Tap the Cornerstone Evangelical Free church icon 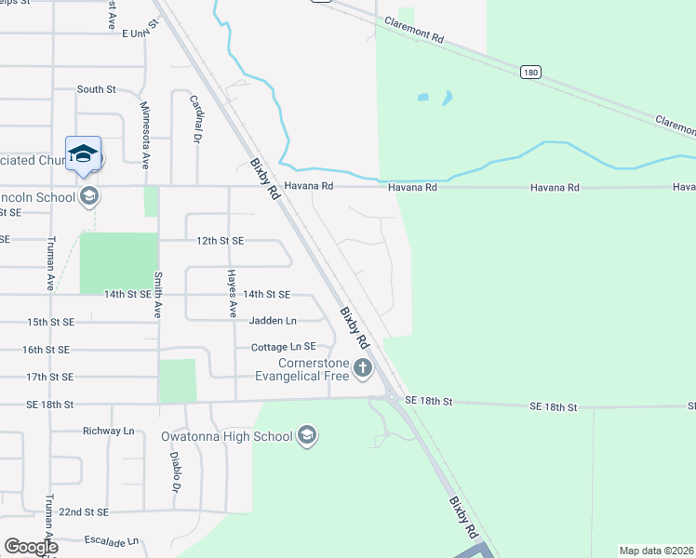(362, 369)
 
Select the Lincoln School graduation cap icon (89, 195)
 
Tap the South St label (96, 90)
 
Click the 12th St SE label (220, 241)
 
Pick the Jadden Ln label (273, 321)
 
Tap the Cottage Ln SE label (284, 347)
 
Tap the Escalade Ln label (110, 540)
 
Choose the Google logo (31, 547)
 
